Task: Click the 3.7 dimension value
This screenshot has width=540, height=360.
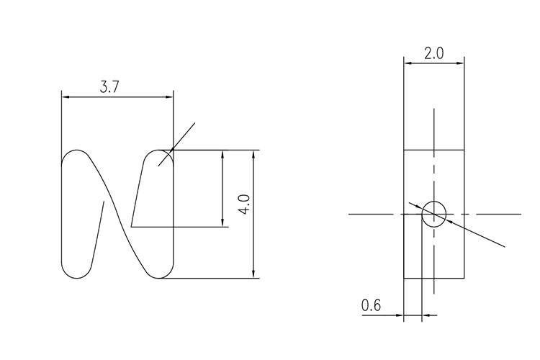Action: point(109,88)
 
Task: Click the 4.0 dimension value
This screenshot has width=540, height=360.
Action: point(245,204)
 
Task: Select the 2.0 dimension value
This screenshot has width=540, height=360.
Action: point(434,54)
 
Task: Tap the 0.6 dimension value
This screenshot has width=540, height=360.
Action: point(371,305)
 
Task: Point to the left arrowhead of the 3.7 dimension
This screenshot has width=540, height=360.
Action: point(66,97)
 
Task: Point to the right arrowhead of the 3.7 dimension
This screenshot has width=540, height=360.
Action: point(169,97)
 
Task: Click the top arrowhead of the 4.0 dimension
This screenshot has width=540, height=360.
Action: point(253,154)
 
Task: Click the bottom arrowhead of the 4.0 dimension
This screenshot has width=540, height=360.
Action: point(253,274)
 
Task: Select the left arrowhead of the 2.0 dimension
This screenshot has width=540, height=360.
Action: point(408,63)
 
